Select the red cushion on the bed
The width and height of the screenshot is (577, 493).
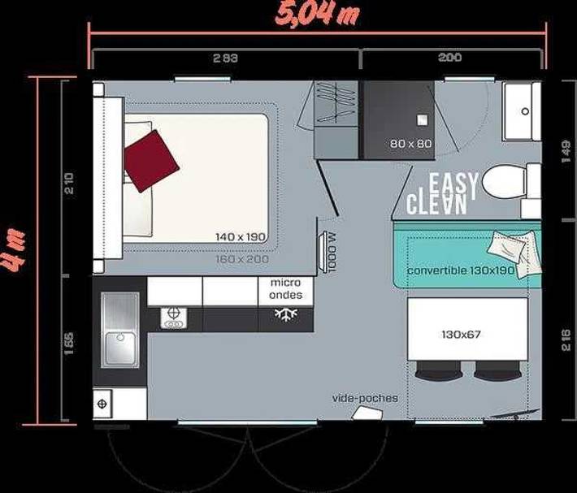[150, 158]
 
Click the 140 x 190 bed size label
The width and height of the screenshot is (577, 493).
[241, 236]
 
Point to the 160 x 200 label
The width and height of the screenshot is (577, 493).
[241, 260]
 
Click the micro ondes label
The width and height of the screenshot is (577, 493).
[285, 289]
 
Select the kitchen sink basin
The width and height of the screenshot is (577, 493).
[119, 328]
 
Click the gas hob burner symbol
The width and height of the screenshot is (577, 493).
[173, 318]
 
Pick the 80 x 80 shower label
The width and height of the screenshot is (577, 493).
[411, 144]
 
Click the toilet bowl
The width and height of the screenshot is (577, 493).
[505, 182]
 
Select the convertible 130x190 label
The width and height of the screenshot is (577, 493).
[461, 270]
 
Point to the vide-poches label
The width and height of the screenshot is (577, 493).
[366, 398]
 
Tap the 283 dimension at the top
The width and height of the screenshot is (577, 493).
[226, 58]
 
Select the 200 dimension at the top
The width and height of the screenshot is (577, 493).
[449, 58]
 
